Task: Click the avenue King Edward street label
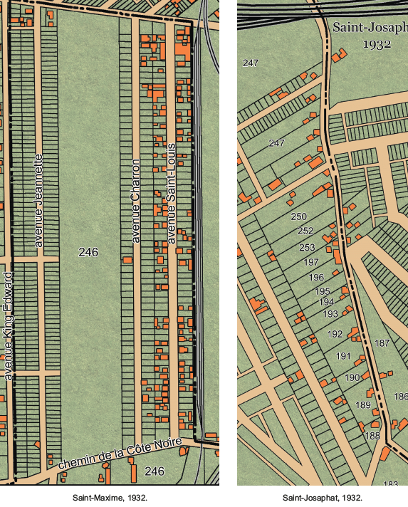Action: [9, 325]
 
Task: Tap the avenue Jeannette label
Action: [39, 200]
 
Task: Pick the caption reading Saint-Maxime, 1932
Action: [110, 498]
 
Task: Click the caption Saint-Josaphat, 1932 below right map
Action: [323, 498]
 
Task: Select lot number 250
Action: [299, 216]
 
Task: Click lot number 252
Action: [305, 231]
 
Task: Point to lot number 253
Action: [307, 248]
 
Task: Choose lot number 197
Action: [311, 263]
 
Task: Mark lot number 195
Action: [323, 291]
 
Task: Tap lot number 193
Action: [330, 313]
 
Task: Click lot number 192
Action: [335, 333]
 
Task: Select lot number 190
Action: [352, 377]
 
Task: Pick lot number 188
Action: [372, 436]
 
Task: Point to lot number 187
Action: [382, 343]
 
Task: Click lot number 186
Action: [401, 397]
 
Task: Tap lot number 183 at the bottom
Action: [390, 484]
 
